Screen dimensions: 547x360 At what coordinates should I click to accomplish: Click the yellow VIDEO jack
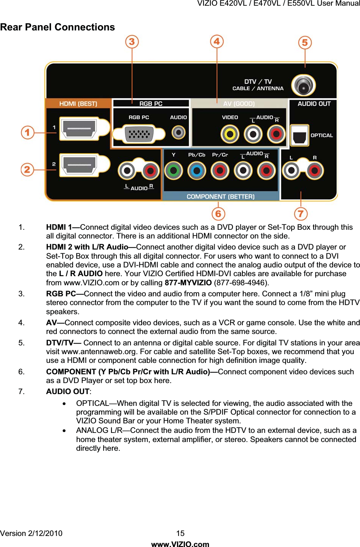230,134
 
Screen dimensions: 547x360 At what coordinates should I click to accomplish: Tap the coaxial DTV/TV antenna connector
303,85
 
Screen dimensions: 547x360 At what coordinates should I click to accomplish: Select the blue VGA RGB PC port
139,134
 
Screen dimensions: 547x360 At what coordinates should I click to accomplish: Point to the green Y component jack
174,170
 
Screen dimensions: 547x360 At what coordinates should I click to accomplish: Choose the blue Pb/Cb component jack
197,170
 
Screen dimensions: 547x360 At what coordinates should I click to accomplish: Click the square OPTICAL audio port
299,135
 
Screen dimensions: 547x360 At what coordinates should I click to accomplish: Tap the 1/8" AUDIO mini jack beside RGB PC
178,132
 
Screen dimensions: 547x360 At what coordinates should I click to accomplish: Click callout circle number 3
132,41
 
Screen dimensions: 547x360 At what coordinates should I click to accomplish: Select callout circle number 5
305,43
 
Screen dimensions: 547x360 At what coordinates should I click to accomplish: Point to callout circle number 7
301,214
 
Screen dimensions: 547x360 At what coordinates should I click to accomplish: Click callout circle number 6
218,214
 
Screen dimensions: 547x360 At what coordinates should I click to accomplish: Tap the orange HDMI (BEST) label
78,103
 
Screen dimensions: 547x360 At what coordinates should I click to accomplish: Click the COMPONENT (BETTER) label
220,196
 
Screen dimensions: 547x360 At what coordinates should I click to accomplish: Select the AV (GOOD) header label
239,103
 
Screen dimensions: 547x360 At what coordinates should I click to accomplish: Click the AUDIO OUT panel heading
314,103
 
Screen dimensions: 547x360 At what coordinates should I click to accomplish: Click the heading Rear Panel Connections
57,27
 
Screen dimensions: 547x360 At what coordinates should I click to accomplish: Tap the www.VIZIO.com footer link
180,544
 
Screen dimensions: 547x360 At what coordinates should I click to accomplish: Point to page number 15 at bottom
180,533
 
